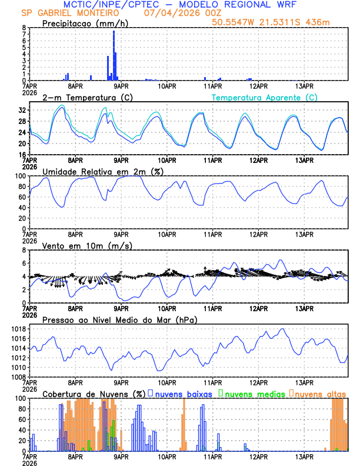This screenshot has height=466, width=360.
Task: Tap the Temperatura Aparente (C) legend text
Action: pos(265,97)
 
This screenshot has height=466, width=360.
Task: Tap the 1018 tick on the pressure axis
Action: pos(18,329)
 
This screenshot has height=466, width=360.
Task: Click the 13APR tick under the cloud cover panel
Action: pos(304,455)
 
